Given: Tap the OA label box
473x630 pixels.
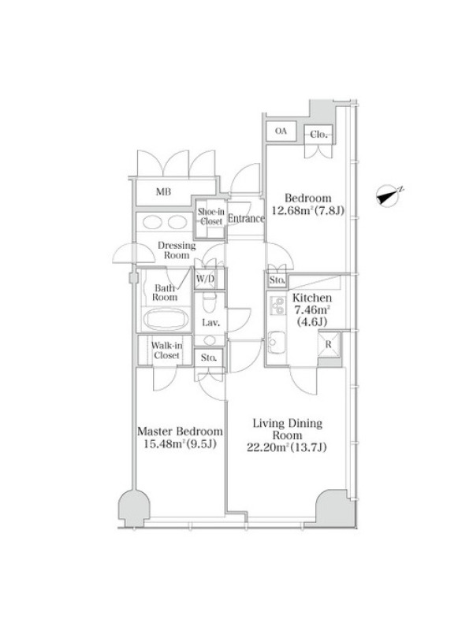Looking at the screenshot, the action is pos(281,131).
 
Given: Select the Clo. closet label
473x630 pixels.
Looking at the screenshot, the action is pos(318,135).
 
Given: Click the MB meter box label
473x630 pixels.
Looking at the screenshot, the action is pos(163,192).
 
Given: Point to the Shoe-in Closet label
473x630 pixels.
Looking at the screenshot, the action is pos(210,217).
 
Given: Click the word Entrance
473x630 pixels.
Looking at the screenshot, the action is pos(246,219).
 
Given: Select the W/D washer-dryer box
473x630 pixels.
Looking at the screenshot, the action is pos(205,279).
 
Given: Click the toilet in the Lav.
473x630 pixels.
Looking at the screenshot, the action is pos(209,302).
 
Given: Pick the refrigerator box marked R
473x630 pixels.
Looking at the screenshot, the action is pos(329,344).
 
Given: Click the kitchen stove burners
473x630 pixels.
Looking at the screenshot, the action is pos(277,307).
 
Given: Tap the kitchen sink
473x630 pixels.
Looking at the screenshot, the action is pos(277,342).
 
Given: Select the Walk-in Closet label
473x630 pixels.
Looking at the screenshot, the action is pos(166,350).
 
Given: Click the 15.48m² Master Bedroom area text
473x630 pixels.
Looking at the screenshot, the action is pos(181,443).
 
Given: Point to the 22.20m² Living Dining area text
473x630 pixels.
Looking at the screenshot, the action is pos(287,447).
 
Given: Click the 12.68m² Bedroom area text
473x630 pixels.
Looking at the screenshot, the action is pos(308,210).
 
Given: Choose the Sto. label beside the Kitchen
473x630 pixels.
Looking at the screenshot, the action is pos(277,280).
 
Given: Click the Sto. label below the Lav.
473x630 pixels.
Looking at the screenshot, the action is pos(209,358).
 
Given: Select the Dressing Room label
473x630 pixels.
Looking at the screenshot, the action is pos(177,250).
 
